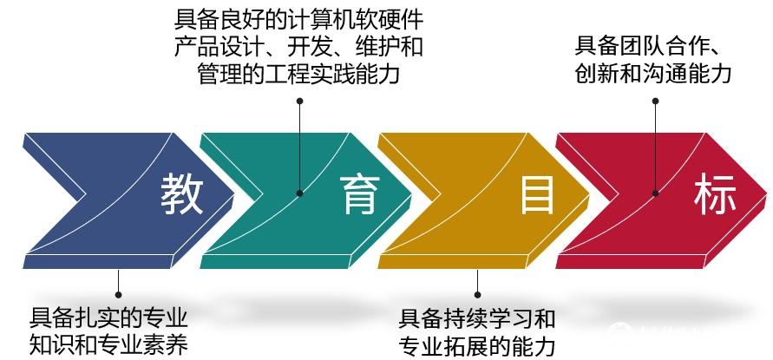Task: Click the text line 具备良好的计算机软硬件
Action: [298, 18]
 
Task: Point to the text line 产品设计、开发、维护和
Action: [298, 46]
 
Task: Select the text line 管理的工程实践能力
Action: [298, 74]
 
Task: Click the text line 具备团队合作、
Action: [650, 44]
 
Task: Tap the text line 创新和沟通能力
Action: [652, 73]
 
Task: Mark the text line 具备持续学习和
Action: [476, 317]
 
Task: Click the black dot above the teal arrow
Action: [300, 101]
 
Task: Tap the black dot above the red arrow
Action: [656, 101]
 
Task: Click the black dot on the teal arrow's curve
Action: [299, 193]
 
